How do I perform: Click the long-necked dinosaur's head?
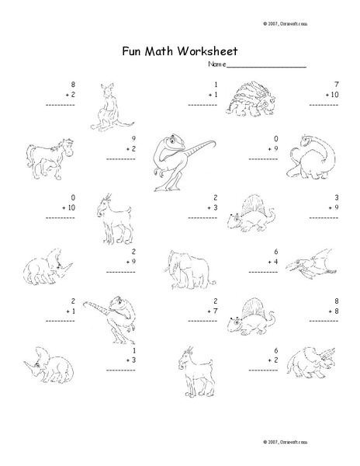pyautogui.click(x=309, y=139)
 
